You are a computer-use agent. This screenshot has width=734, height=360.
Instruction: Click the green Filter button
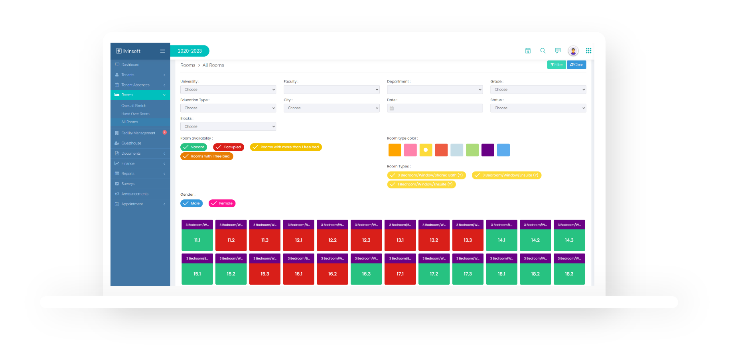coord(556,65)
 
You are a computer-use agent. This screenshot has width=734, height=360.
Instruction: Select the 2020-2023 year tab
coord(190,51)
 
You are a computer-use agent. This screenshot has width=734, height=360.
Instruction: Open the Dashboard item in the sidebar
coord(130,65)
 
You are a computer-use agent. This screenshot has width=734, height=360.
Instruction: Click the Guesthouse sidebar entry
coord(131,143)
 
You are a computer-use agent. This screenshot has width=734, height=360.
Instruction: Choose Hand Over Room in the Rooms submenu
coord(135,114)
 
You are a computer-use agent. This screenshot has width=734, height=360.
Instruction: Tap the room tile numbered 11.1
coord(197,240)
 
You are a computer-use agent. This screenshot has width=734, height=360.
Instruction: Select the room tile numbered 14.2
coord(535,240)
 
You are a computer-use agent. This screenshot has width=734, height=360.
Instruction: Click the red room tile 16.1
coord(298,274)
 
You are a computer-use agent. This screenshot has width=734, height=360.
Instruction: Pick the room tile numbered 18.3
coord(569,274)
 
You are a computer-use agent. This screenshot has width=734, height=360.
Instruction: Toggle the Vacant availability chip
coord(194,147)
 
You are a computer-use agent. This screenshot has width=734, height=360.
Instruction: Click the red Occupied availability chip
coord(229,147)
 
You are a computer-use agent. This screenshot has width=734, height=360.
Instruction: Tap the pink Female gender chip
coord(222,203)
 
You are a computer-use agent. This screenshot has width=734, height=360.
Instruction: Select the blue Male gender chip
coord(191,203)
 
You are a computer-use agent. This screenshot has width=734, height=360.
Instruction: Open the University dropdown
coord(228,90)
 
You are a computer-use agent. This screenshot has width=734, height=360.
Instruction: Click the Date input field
coord(435,108)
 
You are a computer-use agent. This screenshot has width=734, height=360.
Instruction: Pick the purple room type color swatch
coord(487,150)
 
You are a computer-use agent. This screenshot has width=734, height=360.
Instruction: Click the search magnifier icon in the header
coord(543,51)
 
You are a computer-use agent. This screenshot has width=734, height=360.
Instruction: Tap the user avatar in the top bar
coord(573,51)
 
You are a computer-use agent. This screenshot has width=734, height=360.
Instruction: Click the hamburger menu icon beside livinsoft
coord(163,51)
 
